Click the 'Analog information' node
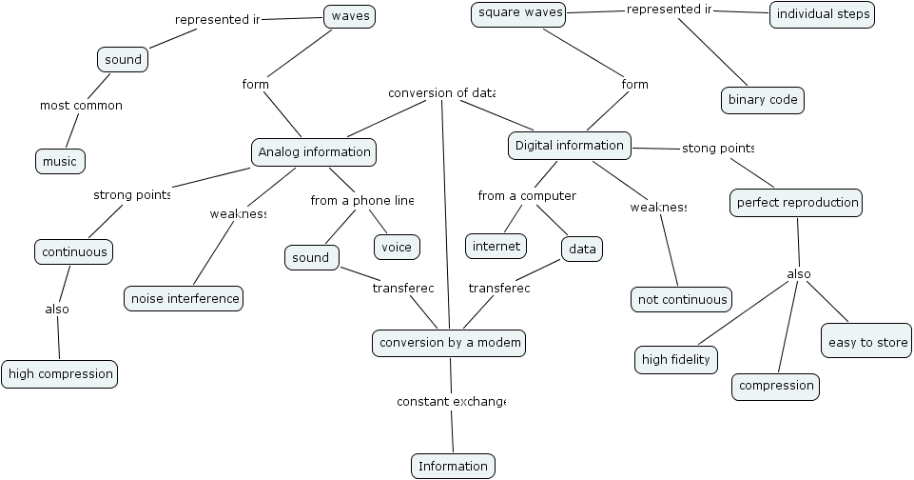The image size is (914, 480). click(x=314, y=151)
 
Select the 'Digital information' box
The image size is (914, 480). click(x=570, y=146)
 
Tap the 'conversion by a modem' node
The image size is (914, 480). click(x=448, y=343)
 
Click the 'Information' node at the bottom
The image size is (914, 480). click(x=453, y=466)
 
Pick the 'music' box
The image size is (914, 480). click(x=60, y=161)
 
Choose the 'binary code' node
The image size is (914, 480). click(x=762, y=100)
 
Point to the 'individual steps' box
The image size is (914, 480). click(x=822, y=14)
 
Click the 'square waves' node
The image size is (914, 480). click(x=520, y=13)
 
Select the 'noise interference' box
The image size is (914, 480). click(x=184, y=298)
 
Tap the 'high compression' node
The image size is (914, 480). click(x=60, y=374)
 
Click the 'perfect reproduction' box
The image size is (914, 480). click(x=797, y=202)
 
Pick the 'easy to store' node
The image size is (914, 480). click(x=865, y=342)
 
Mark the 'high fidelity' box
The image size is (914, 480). click(x=675, y=359)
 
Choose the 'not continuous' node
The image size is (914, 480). click(x=682, y=299)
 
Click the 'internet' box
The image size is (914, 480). click(x=496, y=246)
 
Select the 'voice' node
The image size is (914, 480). click(x=397, y=247)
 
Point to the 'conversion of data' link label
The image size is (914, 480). click(x=441, y=92)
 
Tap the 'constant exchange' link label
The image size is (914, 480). click(x=451, y=402)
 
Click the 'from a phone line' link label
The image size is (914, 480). click(x=362, y=200)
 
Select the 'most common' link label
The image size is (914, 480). click(x=81, y=105)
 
